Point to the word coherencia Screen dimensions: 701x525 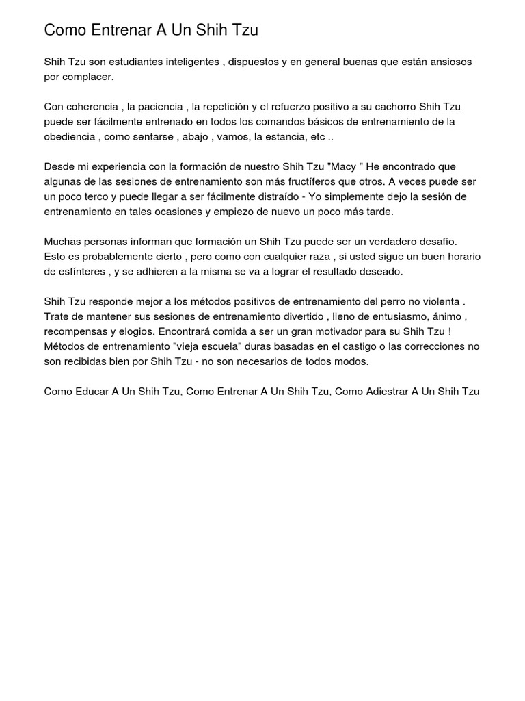point(92,107)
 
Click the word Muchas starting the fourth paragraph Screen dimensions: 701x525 point(63,242)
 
